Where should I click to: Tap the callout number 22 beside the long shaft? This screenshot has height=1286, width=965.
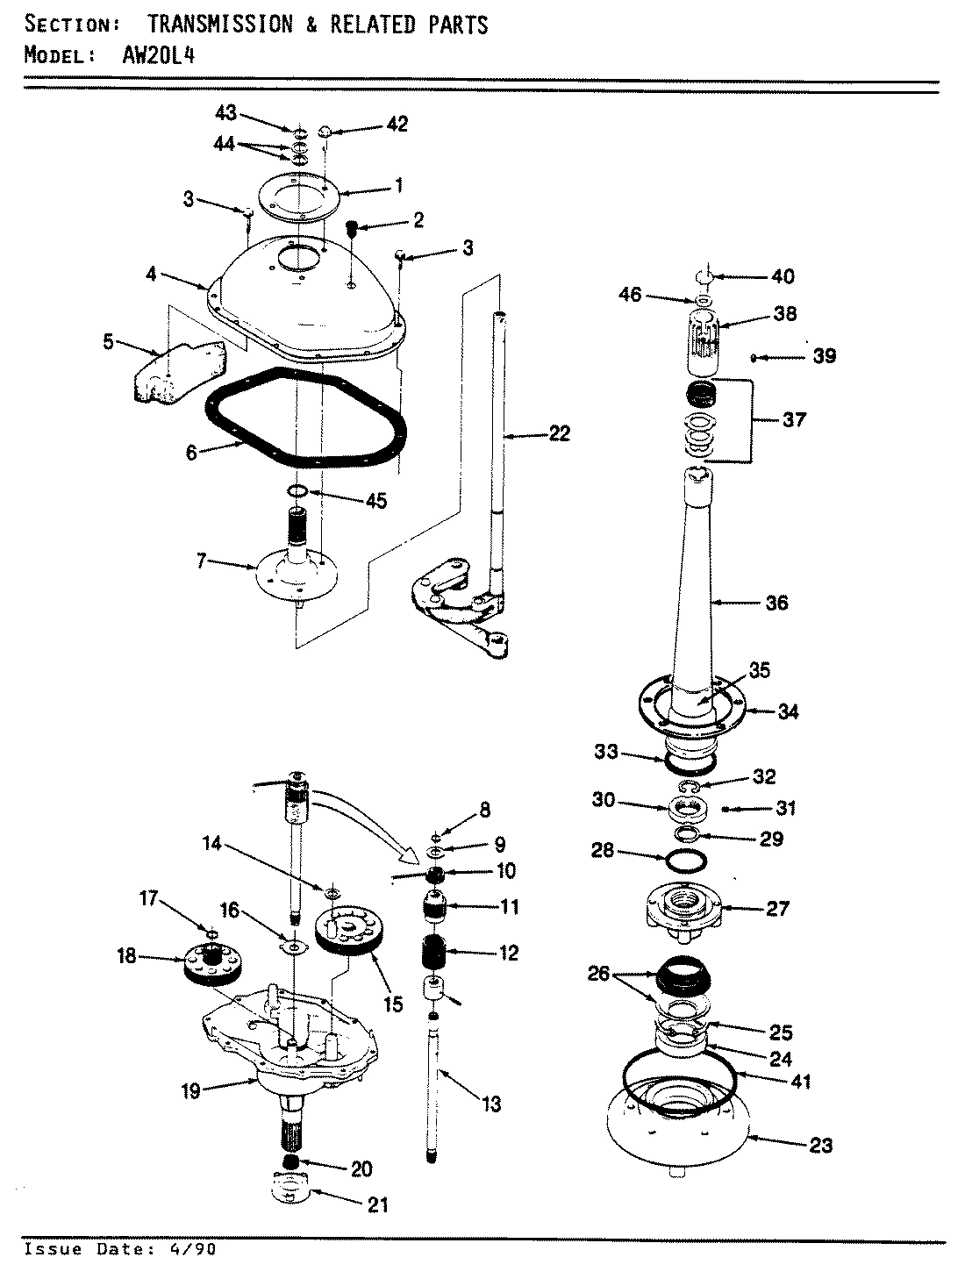point(558,432)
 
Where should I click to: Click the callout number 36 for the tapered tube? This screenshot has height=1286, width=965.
point(776,603)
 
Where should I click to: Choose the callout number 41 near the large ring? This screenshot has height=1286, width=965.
point(799,1082)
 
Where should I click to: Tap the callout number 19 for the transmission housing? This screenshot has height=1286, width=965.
point(190,1091)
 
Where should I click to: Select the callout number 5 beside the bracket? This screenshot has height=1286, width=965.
point(108,342)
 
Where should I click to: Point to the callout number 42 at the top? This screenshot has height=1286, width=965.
point(397,125)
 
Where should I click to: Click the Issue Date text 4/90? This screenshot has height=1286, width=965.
point(193,1249)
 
